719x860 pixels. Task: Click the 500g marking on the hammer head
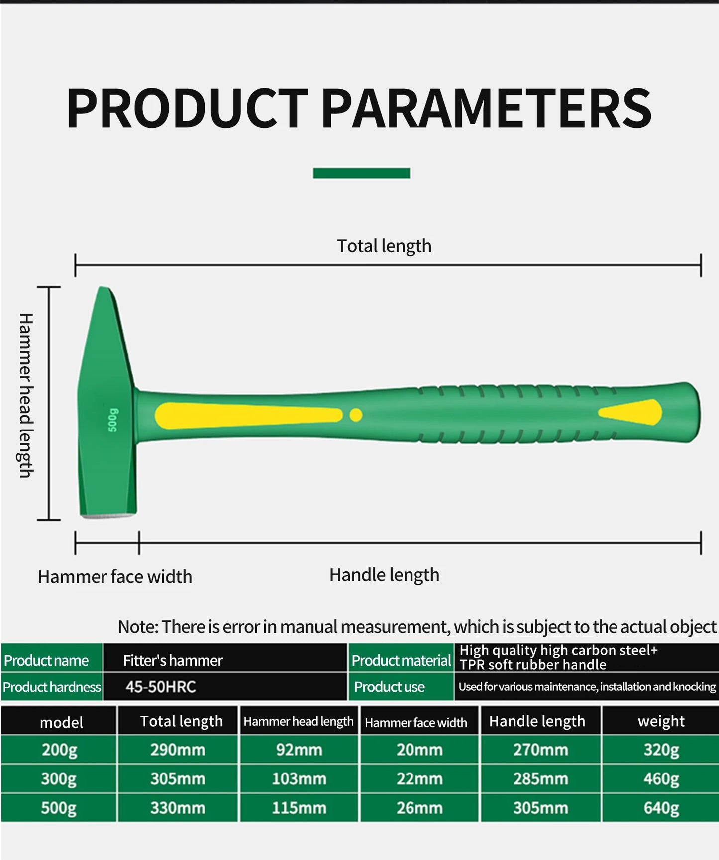tap(113, 420)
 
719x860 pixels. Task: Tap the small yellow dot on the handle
tap(356, 415)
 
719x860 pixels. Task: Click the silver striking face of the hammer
tap(107, 516)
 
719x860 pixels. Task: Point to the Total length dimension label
tap(384, 246)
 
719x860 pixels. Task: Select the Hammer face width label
tap(115, 577)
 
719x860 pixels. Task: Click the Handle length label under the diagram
tap(384, 575)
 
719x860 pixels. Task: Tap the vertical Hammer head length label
tap(26, 395)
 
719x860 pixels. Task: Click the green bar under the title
tap(361, 173)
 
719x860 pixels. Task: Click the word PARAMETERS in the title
tap(486, 108)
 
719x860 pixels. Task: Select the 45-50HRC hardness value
tap(160, 687)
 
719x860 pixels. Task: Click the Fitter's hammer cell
tap(173, 660)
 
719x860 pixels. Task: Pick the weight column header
tap(661, 721)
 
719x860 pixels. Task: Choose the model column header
tap(61, 722)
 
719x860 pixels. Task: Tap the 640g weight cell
tap(661, 808)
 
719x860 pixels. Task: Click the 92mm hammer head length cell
tap(299, 750)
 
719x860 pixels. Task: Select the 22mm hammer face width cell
tap(419, 779)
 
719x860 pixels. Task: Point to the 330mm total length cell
tap(178, 808)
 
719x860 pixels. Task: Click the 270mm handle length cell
tap(540, 750)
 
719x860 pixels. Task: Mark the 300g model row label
tap(59, 779)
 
